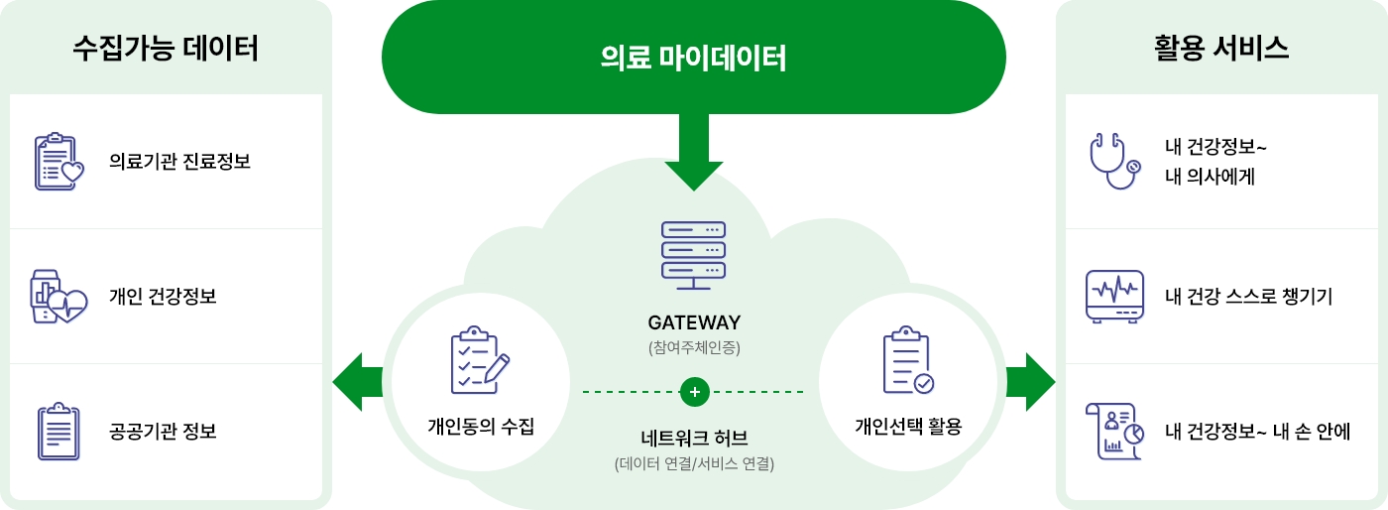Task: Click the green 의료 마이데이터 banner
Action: coord(693,58)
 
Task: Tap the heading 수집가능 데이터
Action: coord(166,49)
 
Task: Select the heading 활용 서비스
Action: coord(1221,49)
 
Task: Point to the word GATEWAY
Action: coord(694,323)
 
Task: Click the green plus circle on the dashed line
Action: coord(694,392)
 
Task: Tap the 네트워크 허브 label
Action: coord(694,438)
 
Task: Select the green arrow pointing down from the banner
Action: coord(694,154)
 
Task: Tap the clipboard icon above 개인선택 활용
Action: coord(907,360)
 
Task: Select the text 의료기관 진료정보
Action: coord(179,162)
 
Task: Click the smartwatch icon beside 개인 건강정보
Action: coord(58,296)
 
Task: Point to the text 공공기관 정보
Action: coord(163,432)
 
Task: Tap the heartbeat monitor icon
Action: coord(1114,296)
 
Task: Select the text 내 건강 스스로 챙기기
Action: coord(1248,297)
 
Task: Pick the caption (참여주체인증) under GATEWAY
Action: coord(694,348)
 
